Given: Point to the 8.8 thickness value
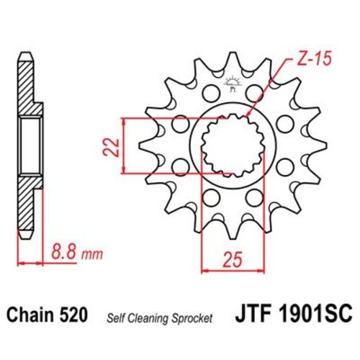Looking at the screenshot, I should pos(66,253).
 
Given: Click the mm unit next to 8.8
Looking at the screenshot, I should pos(93,255).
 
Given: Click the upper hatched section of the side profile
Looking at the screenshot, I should pos(27,90).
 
